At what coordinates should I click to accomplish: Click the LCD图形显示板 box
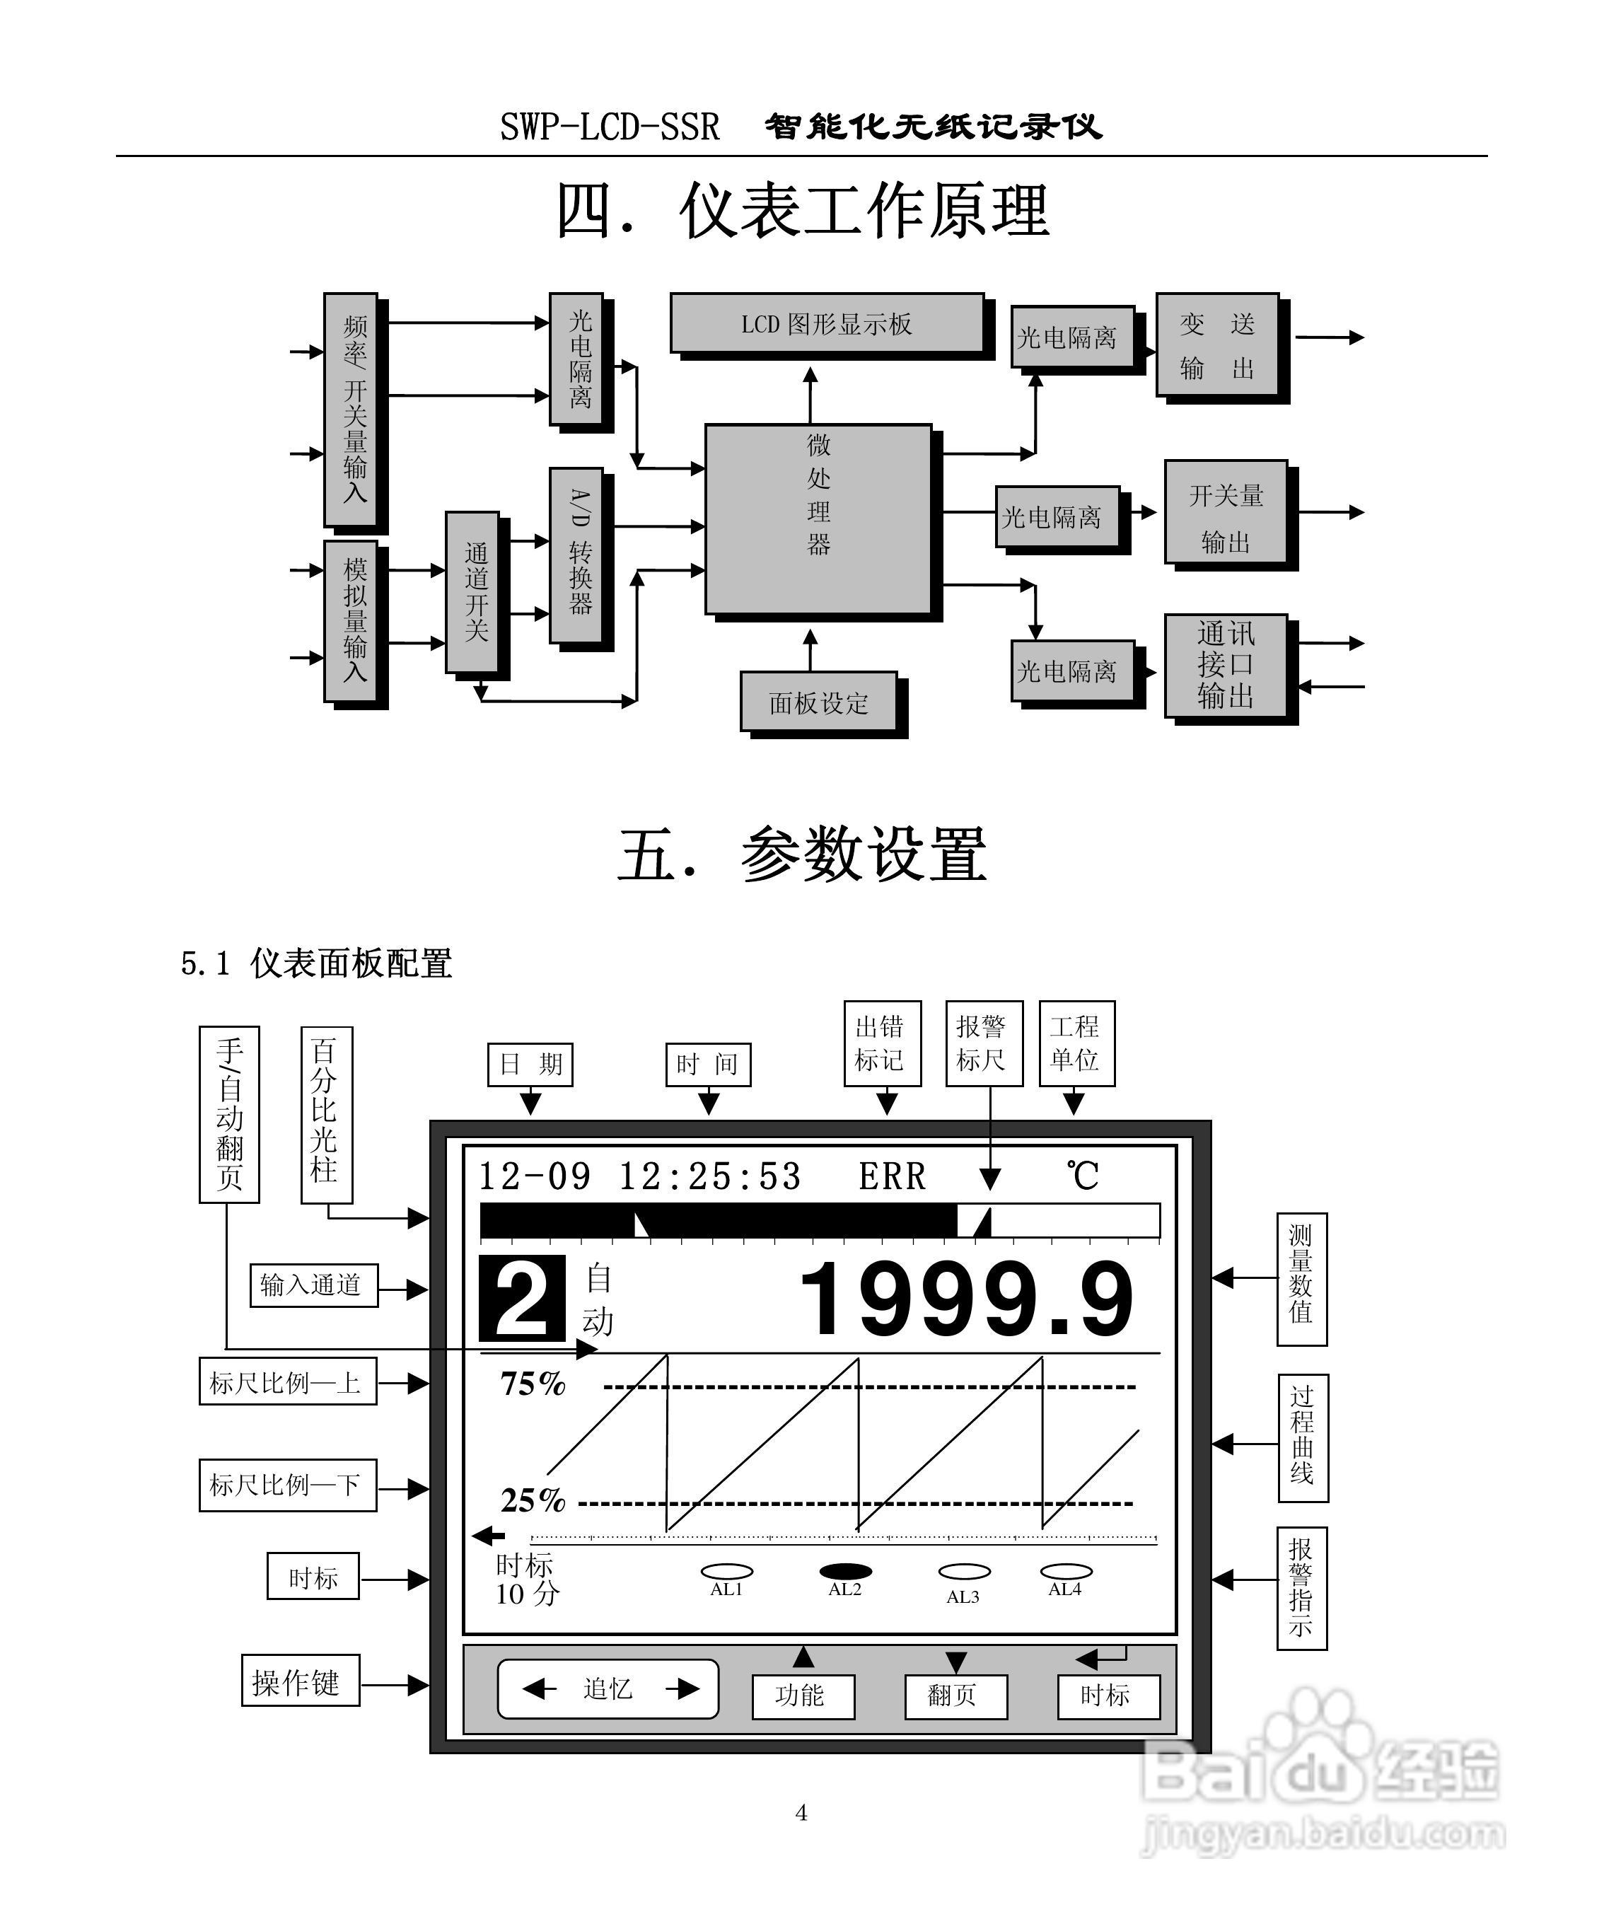coord(825,323)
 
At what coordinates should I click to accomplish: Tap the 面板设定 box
coord(818,702)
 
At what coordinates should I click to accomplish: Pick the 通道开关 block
coord(472,592)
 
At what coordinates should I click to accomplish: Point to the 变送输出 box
coord(1216,345)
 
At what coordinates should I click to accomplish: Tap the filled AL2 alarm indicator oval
coord(844,1571)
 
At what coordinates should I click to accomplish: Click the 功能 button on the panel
coord(803,1696)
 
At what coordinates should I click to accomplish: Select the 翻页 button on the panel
coord(955,1696)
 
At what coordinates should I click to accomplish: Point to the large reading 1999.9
coord(966,1300)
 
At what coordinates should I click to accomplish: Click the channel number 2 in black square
coord(521,1300)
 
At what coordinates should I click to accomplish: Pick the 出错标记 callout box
coord(881,1043)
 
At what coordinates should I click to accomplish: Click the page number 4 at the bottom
coord(801,1813)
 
